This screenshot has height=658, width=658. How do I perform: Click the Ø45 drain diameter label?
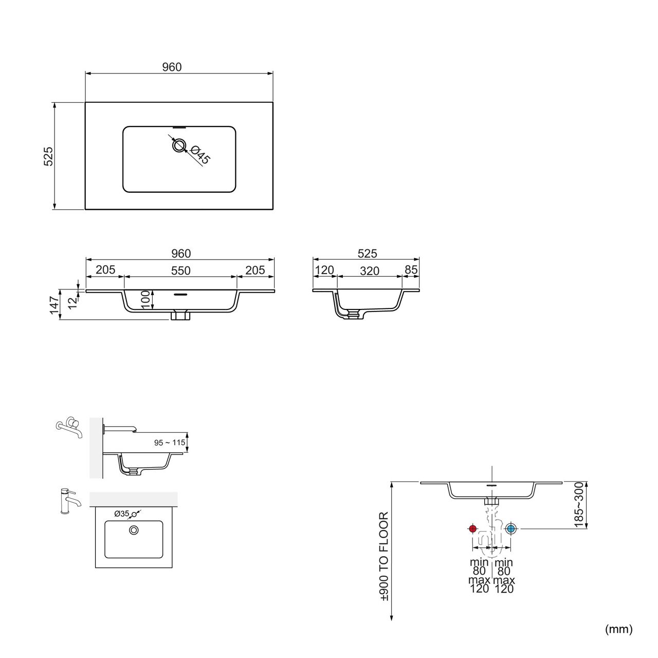[x=200, y=155]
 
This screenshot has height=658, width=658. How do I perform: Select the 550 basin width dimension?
[x=180, y=271]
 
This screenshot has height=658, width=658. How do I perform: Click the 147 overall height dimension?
[x=54, y=305]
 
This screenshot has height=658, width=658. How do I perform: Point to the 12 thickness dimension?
[x=72, y=303]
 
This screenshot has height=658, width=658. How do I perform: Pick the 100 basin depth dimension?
[x=145, y=300]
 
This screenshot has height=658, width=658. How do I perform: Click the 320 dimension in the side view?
[x=370, y=271]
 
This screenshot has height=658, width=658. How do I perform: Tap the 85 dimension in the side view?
[x=411, y=270]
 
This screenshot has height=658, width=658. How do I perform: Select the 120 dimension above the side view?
[x=324, y=270]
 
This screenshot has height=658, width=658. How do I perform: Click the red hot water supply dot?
[x=472, y=528]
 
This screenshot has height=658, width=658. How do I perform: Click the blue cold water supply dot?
[x=510, y=528]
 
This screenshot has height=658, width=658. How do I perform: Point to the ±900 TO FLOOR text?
[x=383, y=557]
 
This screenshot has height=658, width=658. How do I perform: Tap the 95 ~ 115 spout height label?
[x=169, y=443]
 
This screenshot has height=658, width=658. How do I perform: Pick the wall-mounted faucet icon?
[x=69, y=427]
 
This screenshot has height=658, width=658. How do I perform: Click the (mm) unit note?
[x=619, y=629]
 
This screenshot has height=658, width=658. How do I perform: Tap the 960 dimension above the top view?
[x=172, y=67]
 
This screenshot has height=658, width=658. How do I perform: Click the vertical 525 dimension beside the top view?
[x=48, y=156]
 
